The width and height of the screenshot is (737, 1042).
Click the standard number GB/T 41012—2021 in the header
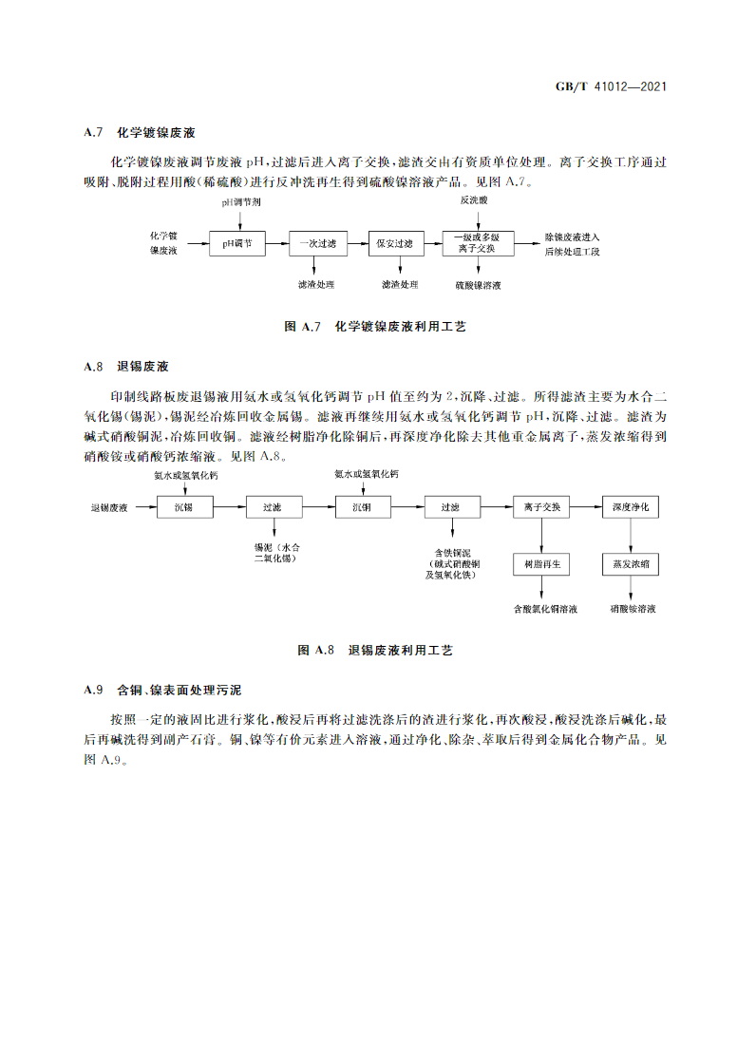(x=610, y=87)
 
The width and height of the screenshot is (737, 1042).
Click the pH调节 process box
(x=237, y=244)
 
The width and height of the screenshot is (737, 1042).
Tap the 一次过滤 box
(x=317, y=244)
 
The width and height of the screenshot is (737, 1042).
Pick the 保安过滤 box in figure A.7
(x=395, y=244)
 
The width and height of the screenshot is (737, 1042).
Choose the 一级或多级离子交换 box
(x=478, y=242)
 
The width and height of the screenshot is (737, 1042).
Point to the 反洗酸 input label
(x=474, y=201)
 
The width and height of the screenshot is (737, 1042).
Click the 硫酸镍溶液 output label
(x=478, y=284)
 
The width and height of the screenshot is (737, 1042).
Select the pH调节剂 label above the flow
(x=241, y=202)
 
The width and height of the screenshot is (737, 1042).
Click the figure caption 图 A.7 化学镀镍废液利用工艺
(x=375, y=326)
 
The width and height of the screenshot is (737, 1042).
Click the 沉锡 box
(x=183, y=508)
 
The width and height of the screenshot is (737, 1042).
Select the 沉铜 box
(x=362, y=508)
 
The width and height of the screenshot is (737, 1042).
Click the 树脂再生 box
(x=541, y=564)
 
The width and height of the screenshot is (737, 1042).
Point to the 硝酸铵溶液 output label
(x=633, y=608)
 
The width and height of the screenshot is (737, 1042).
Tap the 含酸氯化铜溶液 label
(x=545, y=608)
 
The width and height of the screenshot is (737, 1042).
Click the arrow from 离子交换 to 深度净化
(x=585, y=508)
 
